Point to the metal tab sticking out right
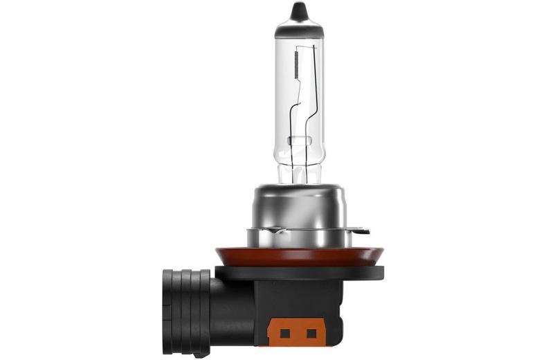pyautogui.click(x=361, y=231)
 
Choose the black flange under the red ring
pyautogui.click(x=299, y=272)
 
